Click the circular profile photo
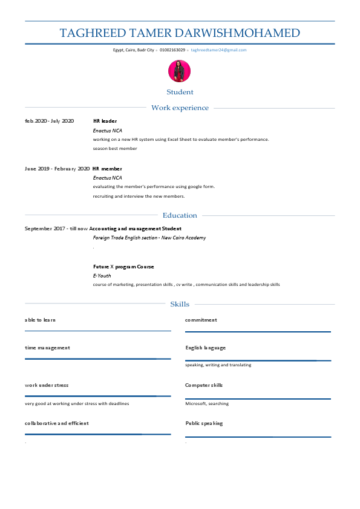click(x=179, y=71)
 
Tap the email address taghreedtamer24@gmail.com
click(x=218, y=50)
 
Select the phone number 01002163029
click(x=172, y=50)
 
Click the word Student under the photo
click(x=180, y=92)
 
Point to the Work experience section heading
click(x=180, y=108)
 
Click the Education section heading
click(x=180, y=215)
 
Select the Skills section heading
click(x=180, y=304)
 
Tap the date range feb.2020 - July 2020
click(x=49, y=121)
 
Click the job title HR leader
click(x=105, y=121)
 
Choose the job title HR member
click(x=107, y=169)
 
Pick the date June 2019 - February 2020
click(x=57, y=169)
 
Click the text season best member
click(x=115, y=148)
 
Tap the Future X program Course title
click(x=123, y=267)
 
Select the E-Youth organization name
click(x=102, y=276)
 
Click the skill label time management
click(x=47, y=348)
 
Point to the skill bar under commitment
click(x=258, y=331)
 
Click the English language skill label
click(x=205, y=348)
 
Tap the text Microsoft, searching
click(x=207, y=403)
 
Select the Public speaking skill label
click(x=204, y=423)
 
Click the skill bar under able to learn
click(x=97, y=331)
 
